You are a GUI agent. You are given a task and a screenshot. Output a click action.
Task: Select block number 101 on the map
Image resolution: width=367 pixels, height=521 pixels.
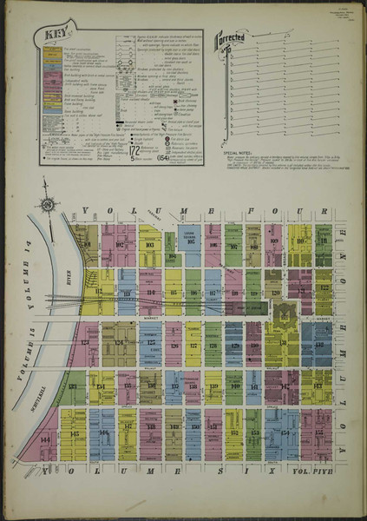(x=84, y=234)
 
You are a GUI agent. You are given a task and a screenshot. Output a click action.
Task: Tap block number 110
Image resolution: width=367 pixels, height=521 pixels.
(x=300, y=240)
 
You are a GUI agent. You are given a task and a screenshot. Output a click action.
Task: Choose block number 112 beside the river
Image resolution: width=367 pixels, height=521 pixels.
(x=98, y=292)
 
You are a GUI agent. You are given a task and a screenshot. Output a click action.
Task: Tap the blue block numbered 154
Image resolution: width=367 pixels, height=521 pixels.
(x=283, y=432)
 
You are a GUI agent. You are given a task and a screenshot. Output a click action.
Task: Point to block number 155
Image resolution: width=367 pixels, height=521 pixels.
(x=318, y=432)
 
